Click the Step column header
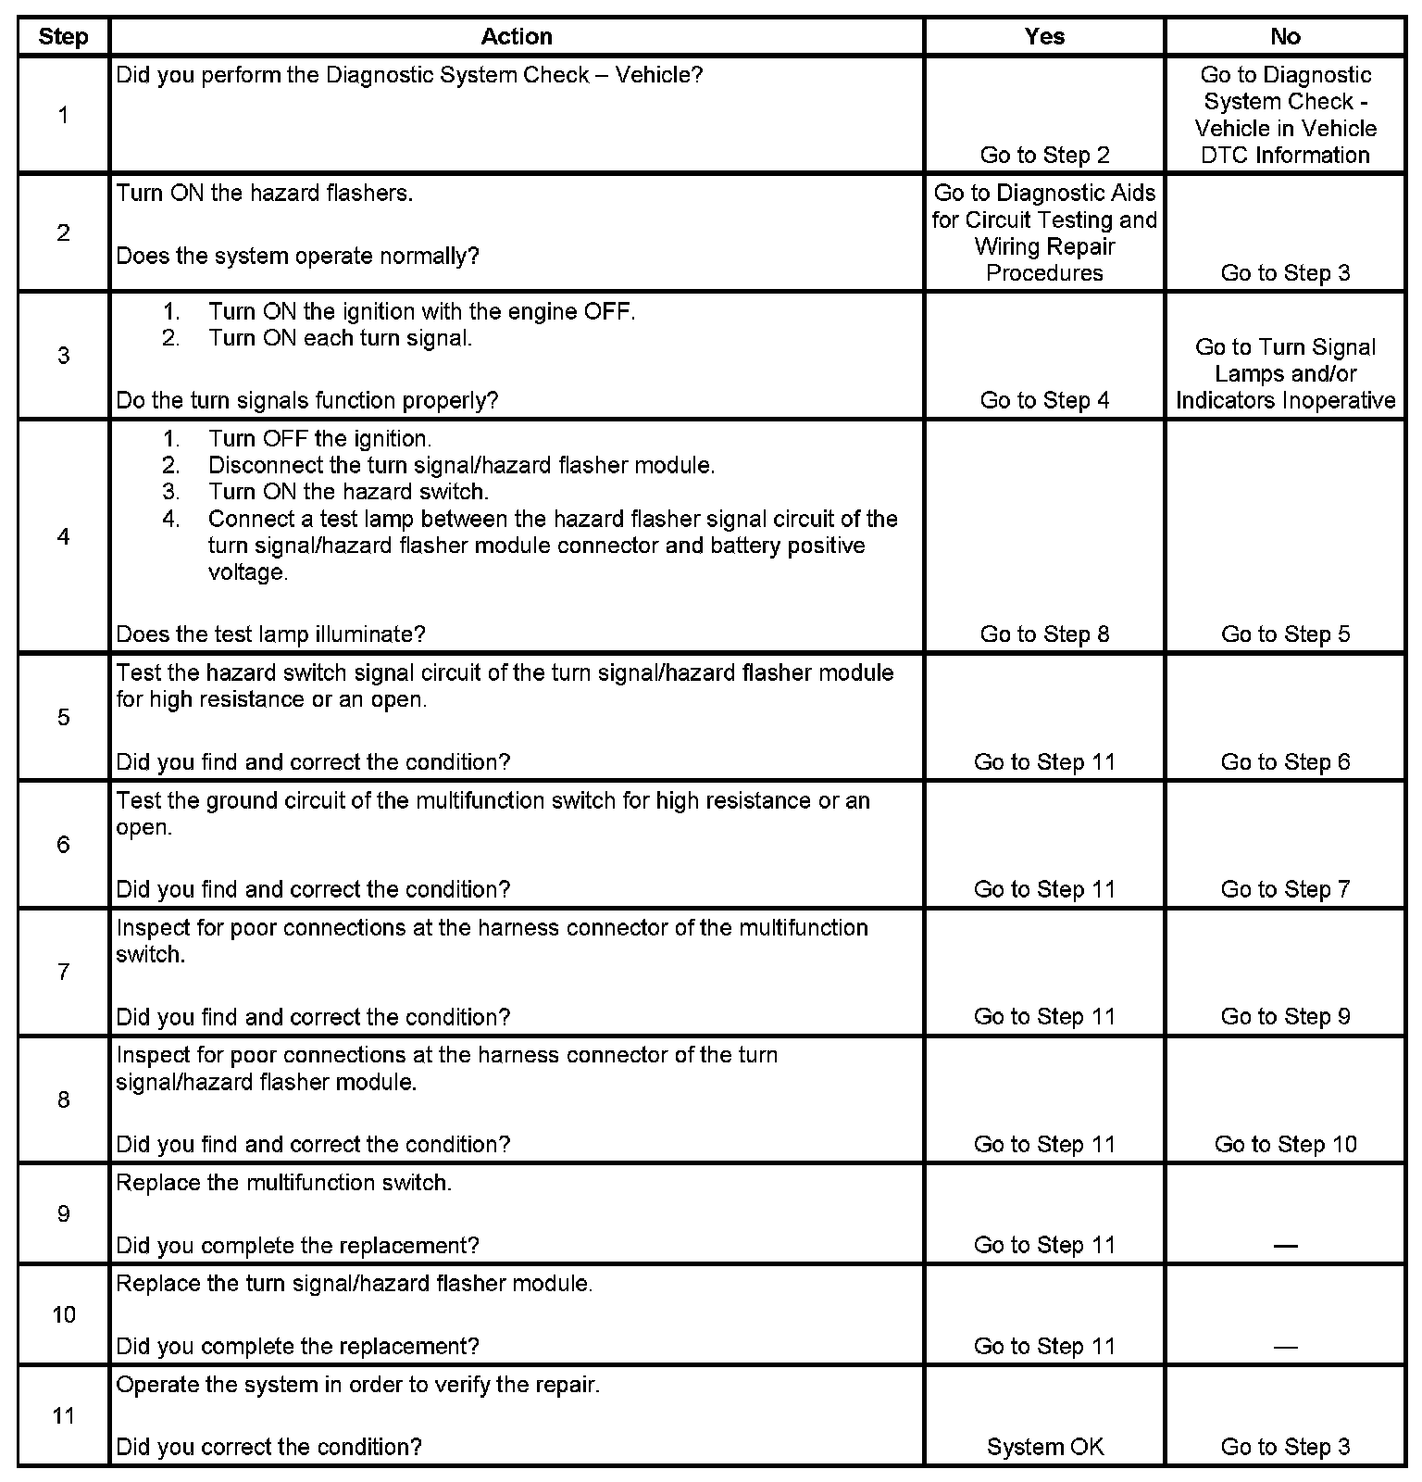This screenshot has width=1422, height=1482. (63, 37)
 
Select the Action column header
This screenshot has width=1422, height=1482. (517, 37)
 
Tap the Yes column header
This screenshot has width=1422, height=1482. (1044, 37)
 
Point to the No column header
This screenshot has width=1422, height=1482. (1285, 37)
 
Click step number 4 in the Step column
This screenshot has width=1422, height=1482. (63, 537)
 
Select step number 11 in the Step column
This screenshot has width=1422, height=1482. (63, 1415)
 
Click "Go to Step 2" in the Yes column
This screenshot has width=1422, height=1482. (1044, 156)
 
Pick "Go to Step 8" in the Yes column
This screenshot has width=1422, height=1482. (1044, 634)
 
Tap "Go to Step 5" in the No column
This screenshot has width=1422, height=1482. (1285, 634)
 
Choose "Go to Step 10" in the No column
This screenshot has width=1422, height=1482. (1285, 1145)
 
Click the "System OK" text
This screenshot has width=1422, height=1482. (1044, 1447)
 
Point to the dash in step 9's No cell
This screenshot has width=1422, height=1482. (1285, 1246)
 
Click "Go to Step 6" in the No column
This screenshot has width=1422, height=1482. (1285, 762)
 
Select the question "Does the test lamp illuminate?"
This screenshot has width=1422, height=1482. (270, 634)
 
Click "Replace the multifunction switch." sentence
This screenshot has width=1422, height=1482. (283, 1184)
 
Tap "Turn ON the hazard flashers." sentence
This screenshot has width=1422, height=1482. (265, 194)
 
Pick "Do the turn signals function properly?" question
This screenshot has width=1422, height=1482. (307, 401)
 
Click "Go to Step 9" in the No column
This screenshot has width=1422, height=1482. (1285, 1017)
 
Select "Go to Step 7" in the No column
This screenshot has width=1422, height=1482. (1285, 890)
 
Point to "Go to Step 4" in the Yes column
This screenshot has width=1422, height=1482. (1044, 401)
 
